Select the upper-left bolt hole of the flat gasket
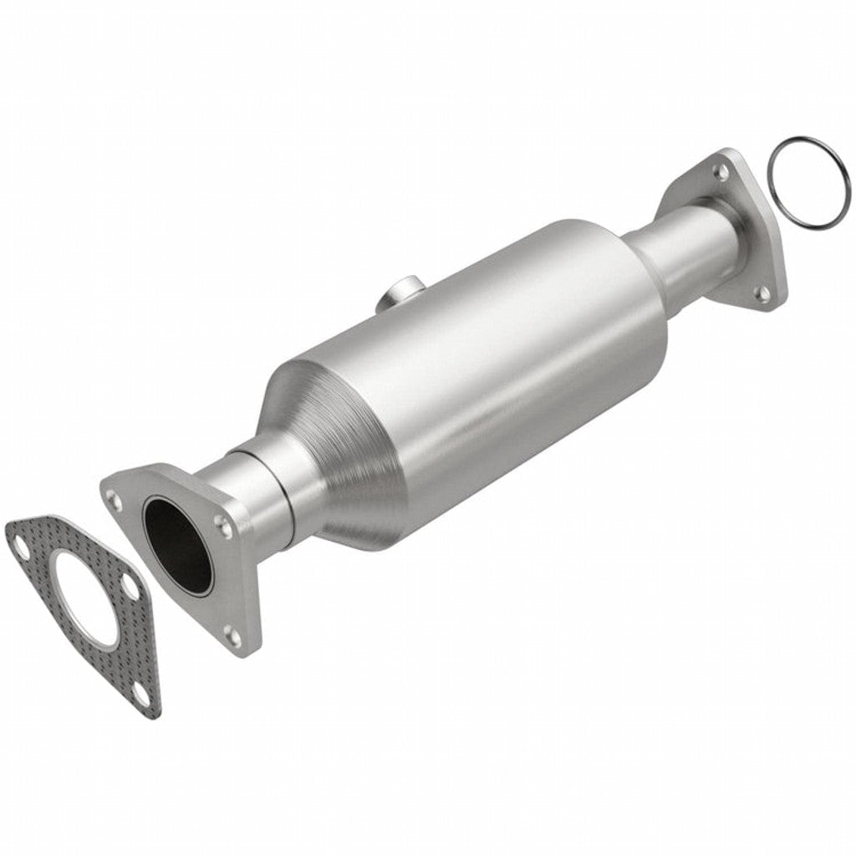pos(19,539)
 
